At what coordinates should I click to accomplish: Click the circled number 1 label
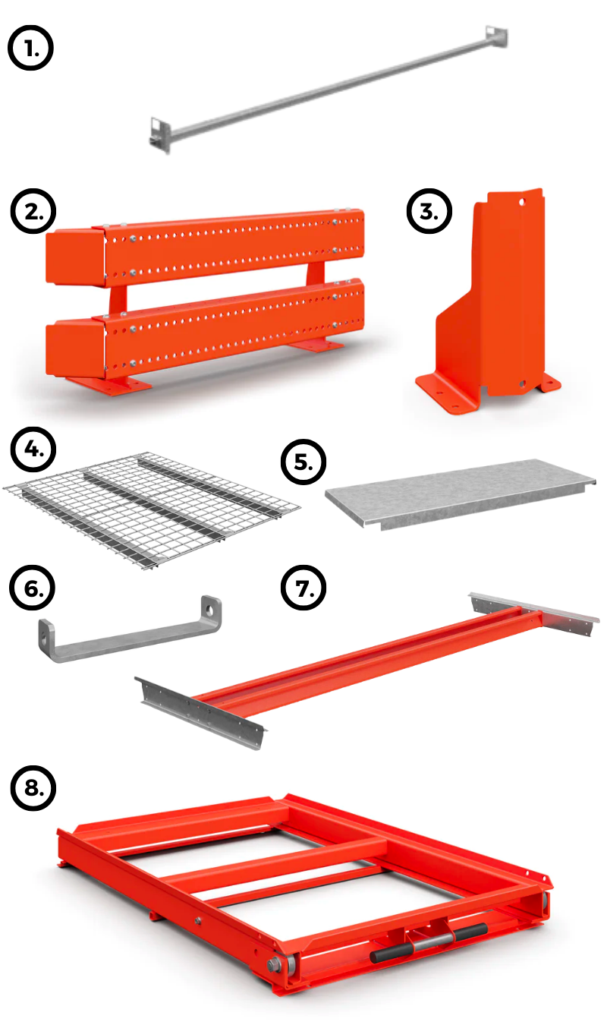pos(30,48)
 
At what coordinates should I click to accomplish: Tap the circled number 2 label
pos(33,211)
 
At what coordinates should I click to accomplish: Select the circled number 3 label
pos(429,211)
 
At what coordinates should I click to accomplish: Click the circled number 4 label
pos(33,449)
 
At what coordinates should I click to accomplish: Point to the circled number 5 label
pos(303,462)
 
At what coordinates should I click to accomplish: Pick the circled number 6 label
pos(32,588)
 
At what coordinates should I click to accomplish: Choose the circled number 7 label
pos(303,588)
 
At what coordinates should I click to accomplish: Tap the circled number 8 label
pos(33,788)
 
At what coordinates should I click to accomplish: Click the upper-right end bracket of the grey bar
pos(496,36)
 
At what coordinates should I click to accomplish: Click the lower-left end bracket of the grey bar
pos(159,134)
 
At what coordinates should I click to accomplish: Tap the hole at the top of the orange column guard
pos(521,200)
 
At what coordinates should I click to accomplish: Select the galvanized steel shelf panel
pos(460,494)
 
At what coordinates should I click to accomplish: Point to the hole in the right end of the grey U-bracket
pos(210,609)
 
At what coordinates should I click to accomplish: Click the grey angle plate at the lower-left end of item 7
pos(201,711)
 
